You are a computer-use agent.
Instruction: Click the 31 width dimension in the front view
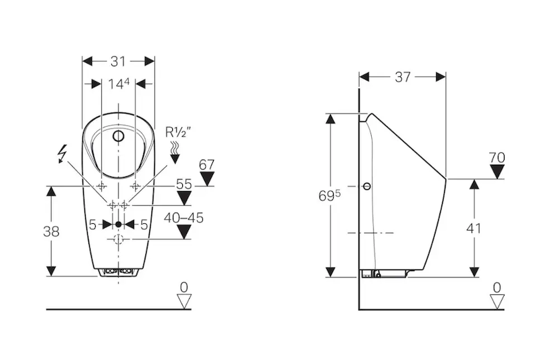click(118, 61)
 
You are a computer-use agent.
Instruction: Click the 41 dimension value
click(474, 228)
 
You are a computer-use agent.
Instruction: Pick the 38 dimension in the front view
click(50, 231)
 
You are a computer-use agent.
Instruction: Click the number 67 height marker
click(207, 164)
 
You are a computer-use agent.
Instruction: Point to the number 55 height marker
click(184, 182)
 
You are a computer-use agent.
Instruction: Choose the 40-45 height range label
click(183, 217)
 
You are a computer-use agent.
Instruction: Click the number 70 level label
click(496, 158)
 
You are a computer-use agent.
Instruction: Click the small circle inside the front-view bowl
click(119, 137)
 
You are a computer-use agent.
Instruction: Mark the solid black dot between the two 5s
click(119, 225)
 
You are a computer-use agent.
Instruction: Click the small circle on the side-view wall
click(367, 186)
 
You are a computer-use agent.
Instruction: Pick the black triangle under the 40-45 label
click(183, 232)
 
